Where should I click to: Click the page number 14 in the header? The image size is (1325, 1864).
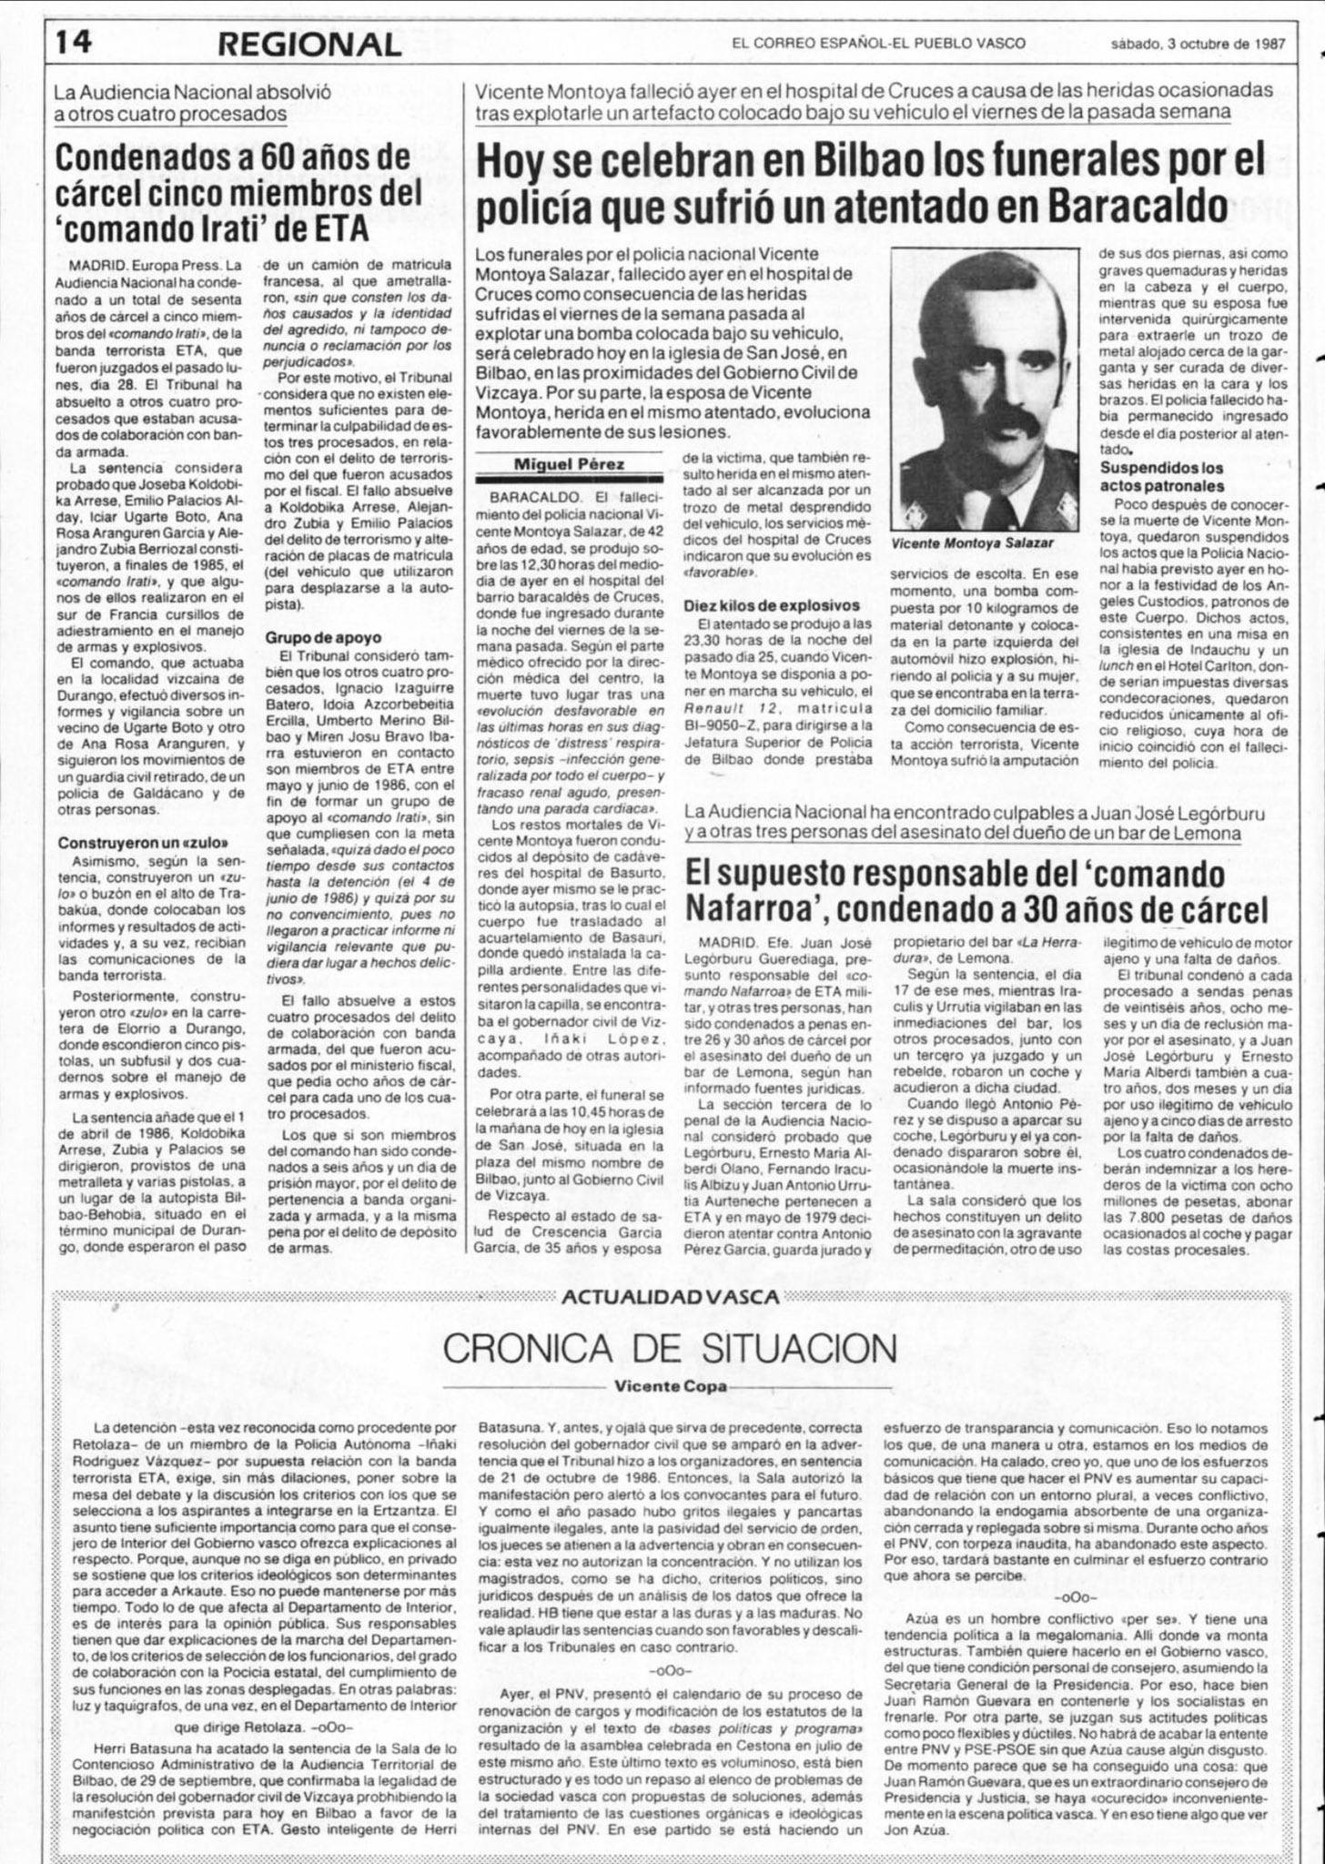tap(71, 43)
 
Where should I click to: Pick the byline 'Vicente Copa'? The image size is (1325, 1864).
tap(662, 1386)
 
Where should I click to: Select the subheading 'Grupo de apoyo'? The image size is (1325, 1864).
tap(323, 638)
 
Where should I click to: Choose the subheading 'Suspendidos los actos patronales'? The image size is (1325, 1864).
tap(1162, 477)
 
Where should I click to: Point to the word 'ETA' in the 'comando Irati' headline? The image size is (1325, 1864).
tap(342, 230)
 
